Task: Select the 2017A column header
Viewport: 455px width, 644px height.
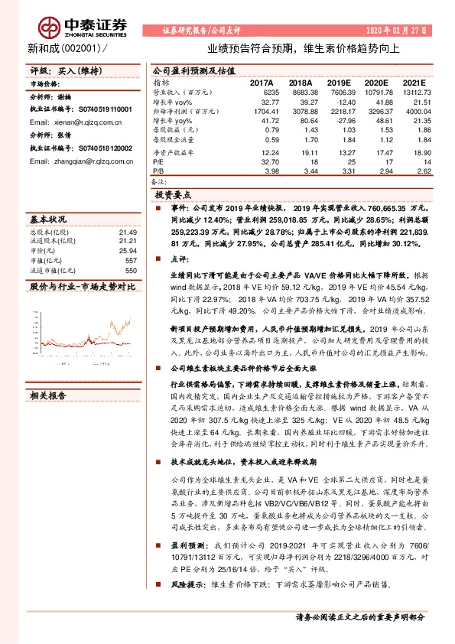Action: (262, 82)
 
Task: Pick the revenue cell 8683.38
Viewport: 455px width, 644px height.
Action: (304, 90)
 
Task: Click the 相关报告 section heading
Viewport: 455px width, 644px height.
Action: (48, 395)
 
